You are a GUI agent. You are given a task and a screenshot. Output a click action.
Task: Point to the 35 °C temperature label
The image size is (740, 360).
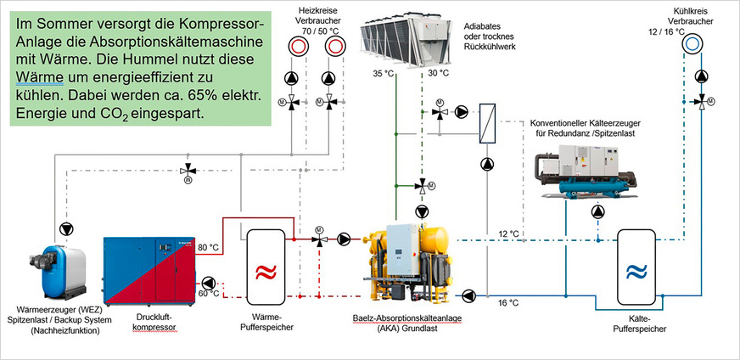384,75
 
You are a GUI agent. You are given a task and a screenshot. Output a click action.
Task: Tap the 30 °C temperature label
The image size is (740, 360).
438,75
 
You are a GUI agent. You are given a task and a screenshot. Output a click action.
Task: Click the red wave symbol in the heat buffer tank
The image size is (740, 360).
266,273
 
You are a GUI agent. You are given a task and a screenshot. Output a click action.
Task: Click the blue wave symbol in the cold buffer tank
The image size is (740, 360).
636,272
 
